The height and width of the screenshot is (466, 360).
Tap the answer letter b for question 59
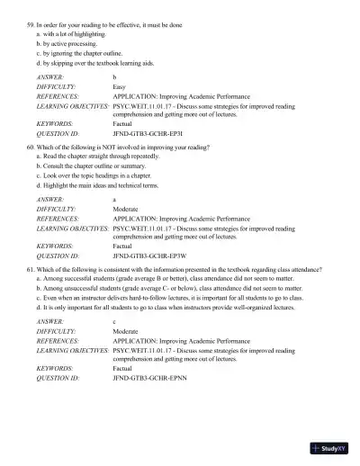(x=114, y=76)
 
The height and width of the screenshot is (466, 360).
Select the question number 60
(x=31, y=145)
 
